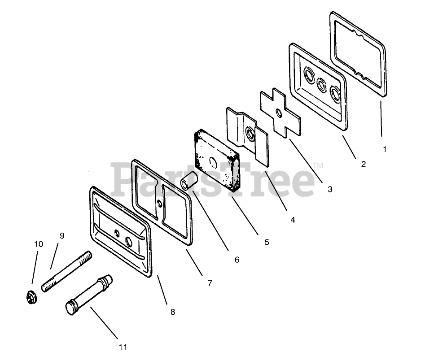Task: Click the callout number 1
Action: (384, 149)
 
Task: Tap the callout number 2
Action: (363, 164)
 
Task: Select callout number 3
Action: (330, 189)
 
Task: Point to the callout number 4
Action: (293, 220)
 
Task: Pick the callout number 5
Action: (267, 242)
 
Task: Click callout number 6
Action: (237, 260)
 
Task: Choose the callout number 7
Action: (210, 283)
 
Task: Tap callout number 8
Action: (173, 312)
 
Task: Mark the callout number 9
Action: (62, 235)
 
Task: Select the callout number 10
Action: (39, 244)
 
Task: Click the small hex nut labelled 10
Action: (31, 296)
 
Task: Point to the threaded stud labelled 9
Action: (67, 272)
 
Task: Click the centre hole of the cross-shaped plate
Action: (279, 113)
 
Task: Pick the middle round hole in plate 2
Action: (321, 83)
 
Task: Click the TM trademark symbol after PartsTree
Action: (317, 166)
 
